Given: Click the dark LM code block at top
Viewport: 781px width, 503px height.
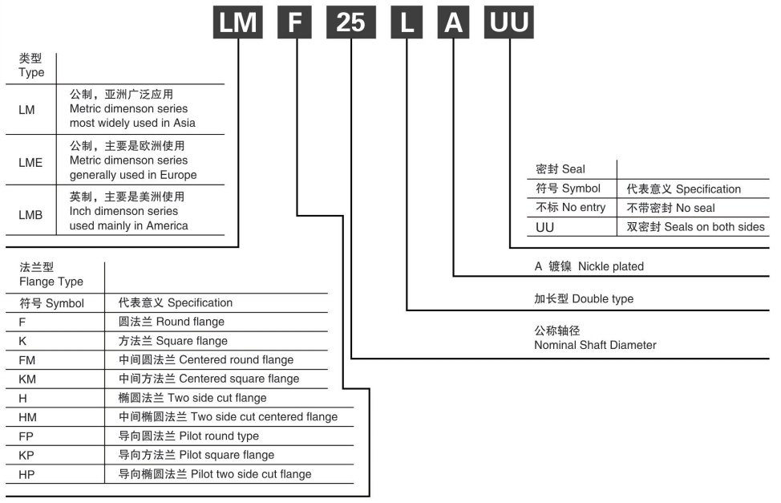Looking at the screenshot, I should [x=238, y=21].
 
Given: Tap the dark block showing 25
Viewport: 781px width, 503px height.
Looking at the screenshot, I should [x=351, y=21].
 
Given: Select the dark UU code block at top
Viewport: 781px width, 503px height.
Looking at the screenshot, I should [x=508, y=21].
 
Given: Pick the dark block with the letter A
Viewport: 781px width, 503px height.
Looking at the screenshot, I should [x=455, y=21].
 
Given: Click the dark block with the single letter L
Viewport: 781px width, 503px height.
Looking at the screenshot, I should [x=407, y=21].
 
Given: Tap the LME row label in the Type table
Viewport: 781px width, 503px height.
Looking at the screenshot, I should [x=30, y=160].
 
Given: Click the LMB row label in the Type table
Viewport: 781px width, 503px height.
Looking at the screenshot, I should [x=30, y=212].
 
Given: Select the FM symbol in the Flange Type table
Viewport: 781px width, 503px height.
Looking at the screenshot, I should [x=28, y=359].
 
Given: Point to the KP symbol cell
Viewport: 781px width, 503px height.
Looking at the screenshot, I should [x=27, y=456].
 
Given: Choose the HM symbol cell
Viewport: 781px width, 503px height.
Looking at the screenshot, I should [x=28, y=417].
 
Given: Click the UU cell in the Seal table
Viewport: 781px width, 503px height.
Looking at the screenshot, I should [x=545, y=227].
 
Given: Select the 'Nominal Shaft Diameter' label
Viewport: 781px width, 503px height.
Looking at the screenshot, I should [x=595, y=345].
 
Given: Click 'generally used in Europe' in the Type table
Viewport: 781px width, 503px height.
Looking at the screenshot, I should [x=133, y=175].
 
